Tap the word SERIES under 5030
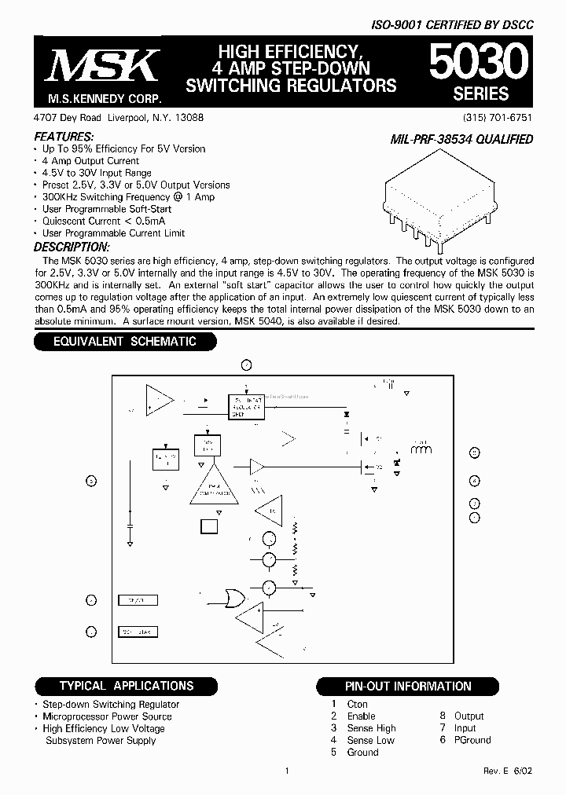tap(480, 94)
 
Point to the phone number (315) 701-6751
tap(498, 117)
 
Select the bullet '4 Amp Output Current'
tap(90, 160)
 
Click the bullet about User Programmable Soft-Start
tap(107, 209)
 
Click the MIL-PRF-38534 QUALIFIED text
tap(461, 140)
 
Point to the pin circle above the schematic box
tap(246, 365)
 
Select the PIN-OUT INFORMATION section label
tap(408, 687)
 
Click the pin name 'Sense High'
tap(371, 728)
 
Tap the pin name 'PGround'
tap(472, 740)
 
